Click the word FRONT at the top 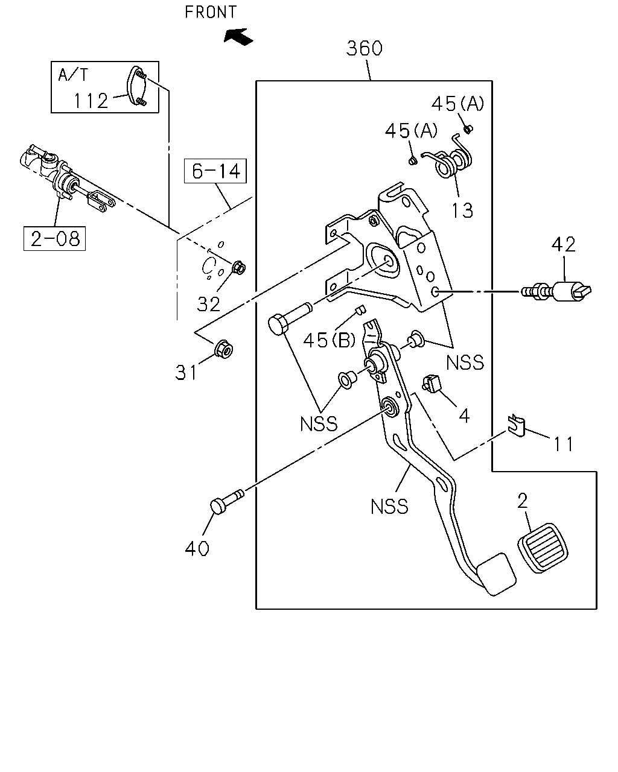pos(211,12)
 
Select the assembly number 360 pos(364,48)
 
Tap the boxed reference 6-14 pos(215,171)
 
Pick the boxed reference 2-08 pos(54,239)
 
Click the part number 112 pos(91,101)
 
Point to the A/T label pos(73,75)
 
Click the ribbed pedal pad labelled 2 pos(543,548)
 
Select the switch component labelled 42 pos(556,291)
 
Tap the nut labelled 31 pos(223,349)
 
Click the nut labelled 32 pos(239,268)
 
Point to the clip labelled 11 pos(517,425)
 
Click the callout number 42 pos(564,245)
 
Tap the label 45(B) pos(330,340)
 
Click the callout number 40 pos(197,548)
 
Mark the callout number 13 pos(462,210)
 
